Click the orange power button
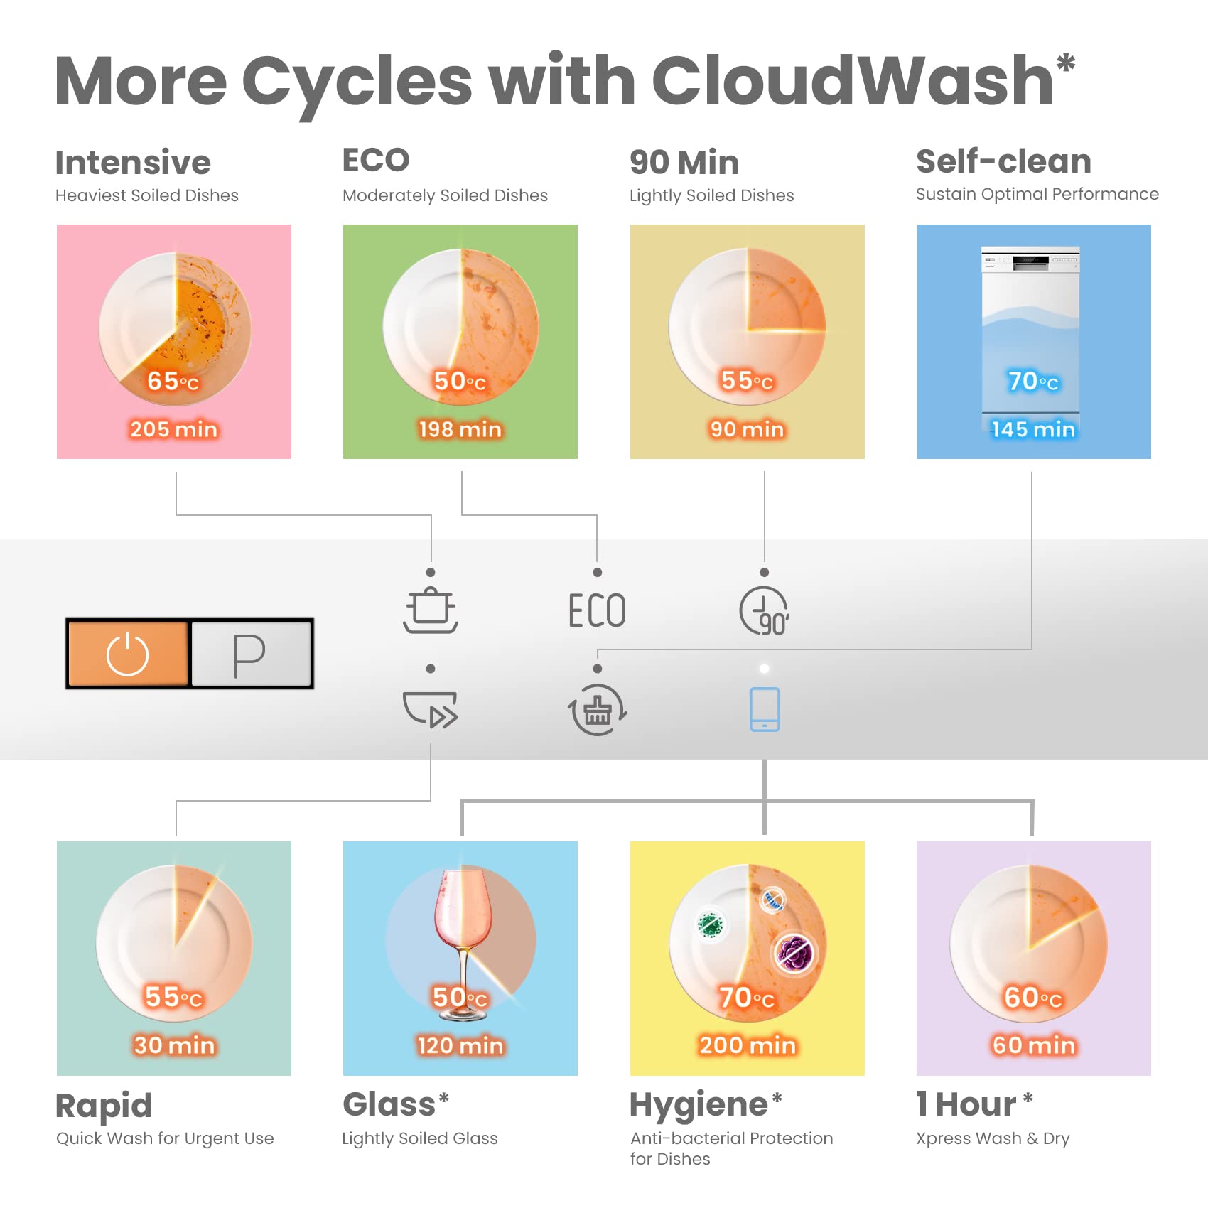(129, 653)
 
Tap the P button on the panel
(251, 653)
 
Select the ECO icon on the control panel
(597, 610)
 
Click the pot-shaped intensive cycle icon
(431, 610)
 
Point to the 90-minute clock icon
(765, 611)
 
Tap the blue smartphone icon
(765, 709)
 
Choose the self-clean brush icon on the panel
(597, 710)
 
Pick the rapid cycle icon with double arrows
(431, 710)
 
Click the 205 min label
(174, 429)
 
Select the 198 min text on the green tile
(460, 429)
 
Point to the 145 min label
(1033, 429)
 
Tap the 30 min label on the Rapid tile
(174, 1045)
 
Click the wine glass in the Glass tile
(463, 944)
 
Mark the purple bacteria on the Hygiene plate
(795, 953)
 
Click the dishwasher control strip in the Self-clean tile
(1030, 260)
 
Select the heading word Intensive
(134, 162)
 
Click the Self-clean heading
(1003, 161)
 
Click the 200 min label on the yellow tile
(748, 1045)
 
